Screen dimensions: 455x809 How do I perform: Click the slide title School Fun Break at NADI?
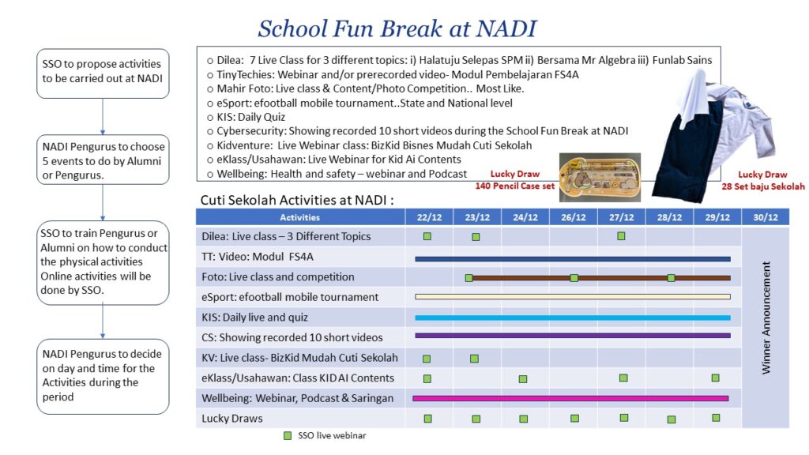tap(397, 29)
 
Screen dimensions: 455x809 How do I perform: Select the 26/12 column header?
tap(574, 217)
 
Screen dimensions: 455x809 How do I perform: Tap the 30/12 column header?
tap(765, 217)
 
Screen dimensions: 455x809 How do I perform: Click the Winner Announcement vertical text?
tap(766, 318)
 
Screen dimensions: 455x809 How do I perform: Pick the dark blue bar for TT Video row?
tap(573, 258)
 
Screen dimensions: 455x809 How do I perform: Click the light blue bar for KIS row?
tap(573, 318)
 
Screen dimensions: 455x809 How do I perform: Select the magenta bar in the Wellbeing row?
tap(570, 398)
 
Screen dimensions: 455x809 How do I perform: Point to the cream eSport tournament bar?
tap(573, 297)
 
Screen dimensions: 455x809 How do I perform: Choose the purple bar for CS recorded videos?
tap(573, 337)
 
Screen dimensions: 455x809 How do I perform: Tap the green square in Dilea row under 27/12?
tap(621, 236)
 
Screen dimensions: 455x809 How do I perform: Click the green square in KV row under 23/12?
tap(474, 359)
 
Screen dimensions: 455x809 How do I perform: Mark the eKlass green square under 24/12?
tap(523, 379)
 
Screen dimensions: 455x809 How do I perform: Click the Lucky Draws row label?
tap(232, 418)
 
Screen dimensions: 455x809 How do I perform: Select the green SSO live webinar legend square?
tap(288, 435)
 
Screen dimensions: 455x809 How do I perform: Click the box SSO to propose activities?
tap(103, 71)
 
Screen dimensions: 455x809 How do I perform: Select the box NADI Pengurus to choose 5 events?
tap(103, 159)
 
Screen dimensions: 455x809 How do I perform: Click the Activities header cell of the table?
tap(300, 217)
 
